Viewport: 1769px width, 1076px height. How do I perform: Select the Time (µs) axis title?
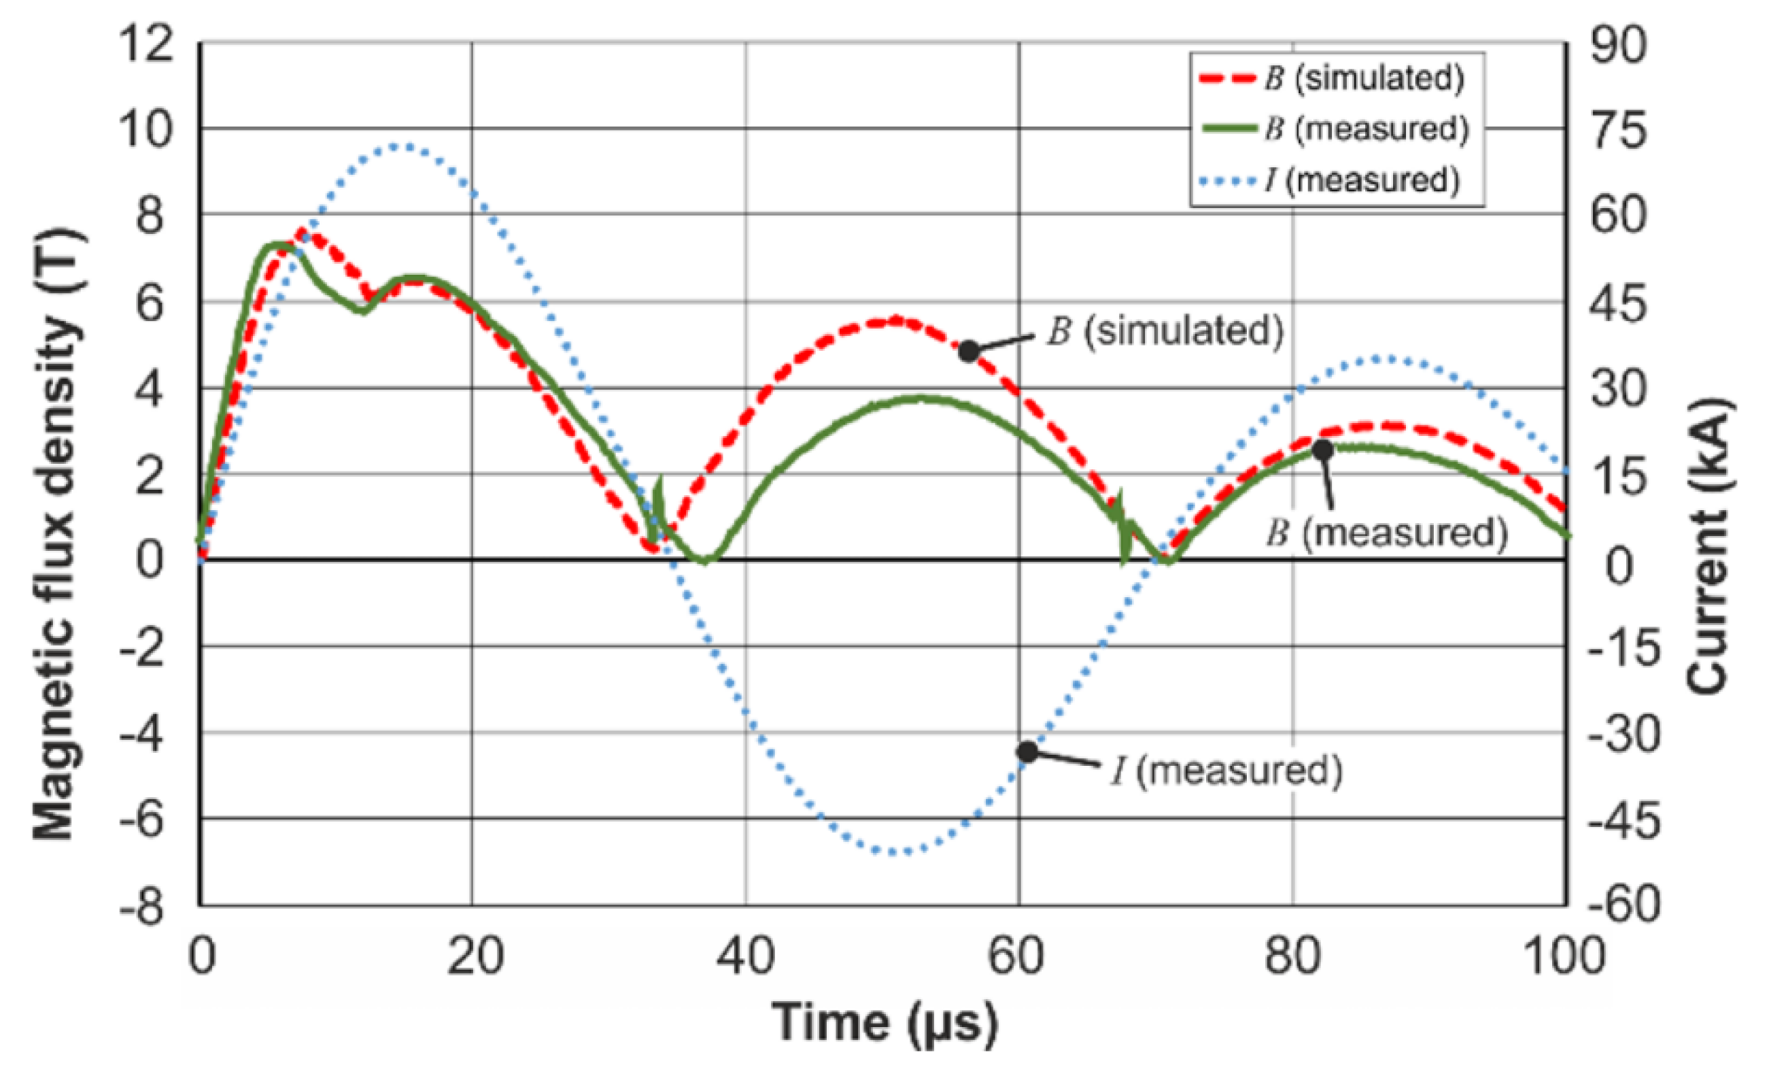[x=884, y=1022]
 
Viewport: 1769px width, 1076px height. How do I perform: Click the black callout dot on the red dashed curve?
[x=969, y=351]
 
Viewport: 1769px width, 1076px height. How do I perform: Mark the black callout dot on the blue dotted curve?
[x=1027, y=752]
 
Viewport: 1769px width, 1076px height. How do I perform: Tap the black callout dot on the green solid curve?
[x=1322, y=450]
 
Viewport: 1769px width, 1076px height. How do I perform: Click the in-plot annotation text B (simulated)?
[x=1165, y=332]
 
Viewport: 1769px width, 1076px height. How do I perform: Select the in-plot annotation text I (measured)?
[x=1226, y=771]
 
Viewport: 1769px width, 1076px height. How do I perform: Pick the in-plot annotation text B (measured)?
[x=1386, y=533]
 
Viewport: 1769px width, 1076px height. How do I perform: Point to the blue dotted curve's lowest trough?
[x=894, y=853]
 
